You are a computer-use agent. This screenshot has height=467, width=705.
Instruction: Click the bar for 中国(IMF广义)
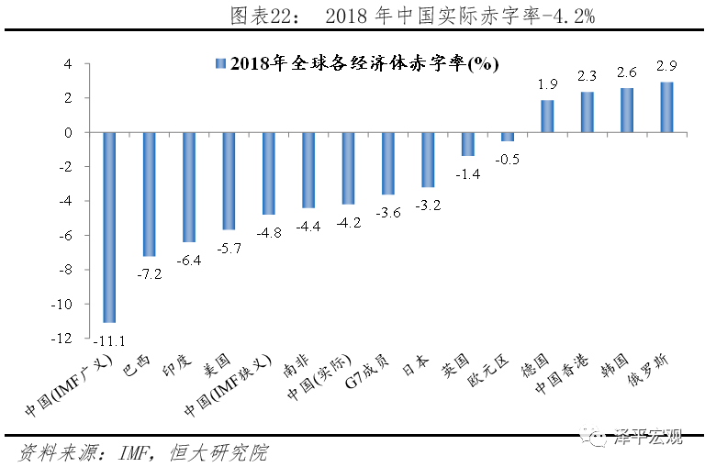coord(109,227)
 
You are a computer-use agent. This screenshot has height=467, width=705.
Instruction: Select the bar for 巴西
coord(149,194)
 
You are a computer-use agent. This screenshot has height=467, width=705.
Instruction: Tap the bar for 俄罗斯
coord(667,107)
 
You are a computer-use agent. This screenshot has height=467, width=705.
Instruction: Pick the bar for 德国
coord(547,117)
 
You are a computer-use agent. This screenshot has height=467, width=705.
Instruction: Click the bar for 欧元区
coord(508,137)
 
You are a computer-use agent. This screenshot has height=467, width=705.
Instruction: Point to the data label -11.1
coord(109,337)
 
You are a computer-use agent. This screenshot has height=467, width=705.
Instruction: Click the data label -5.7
coord(229,247)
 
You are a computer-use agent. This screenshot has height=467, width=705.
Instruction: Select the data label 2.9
coord(667,66)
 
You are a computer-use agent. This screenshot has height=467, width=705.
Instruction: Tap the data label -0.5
coord(508,159)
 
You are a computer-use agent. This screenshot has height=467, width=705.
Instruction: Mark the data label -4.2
coord(348,222)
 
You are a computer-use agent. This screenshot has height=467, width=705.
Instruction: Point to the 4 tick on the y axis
coord(67,64)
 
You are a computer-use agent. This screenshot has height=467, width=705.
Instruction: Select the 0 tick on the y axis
coord(67,133)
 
